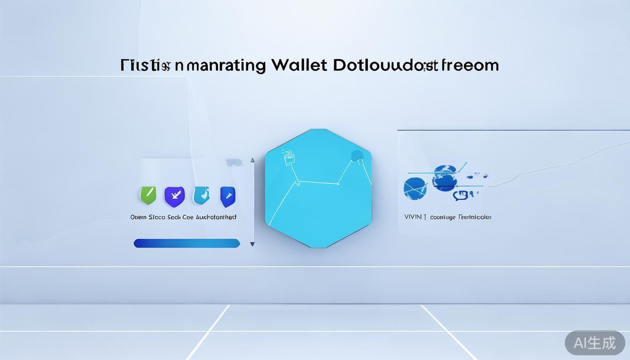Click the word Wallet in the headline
(x=299, y=65)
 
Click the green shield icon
(x=148, y=195)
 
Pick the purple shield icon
(x=174, y=196)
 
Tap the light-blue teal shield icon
(x=201, y=195)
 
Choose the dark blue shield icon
(x=228, y=196)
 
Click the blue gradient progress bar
(x=187, y=243)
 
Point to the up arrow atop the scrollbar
(x=252, y=160)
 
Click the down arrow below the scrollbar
(x=252, y=244)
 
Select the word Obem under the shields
(x=138, y=217)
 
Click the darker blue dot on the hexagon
(x=357, y=156)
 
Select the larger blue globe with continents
(x=444, y=177)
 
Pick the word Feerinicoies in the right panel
(x=475, y=217)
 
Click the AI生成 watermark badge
(x=594, y=343)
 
